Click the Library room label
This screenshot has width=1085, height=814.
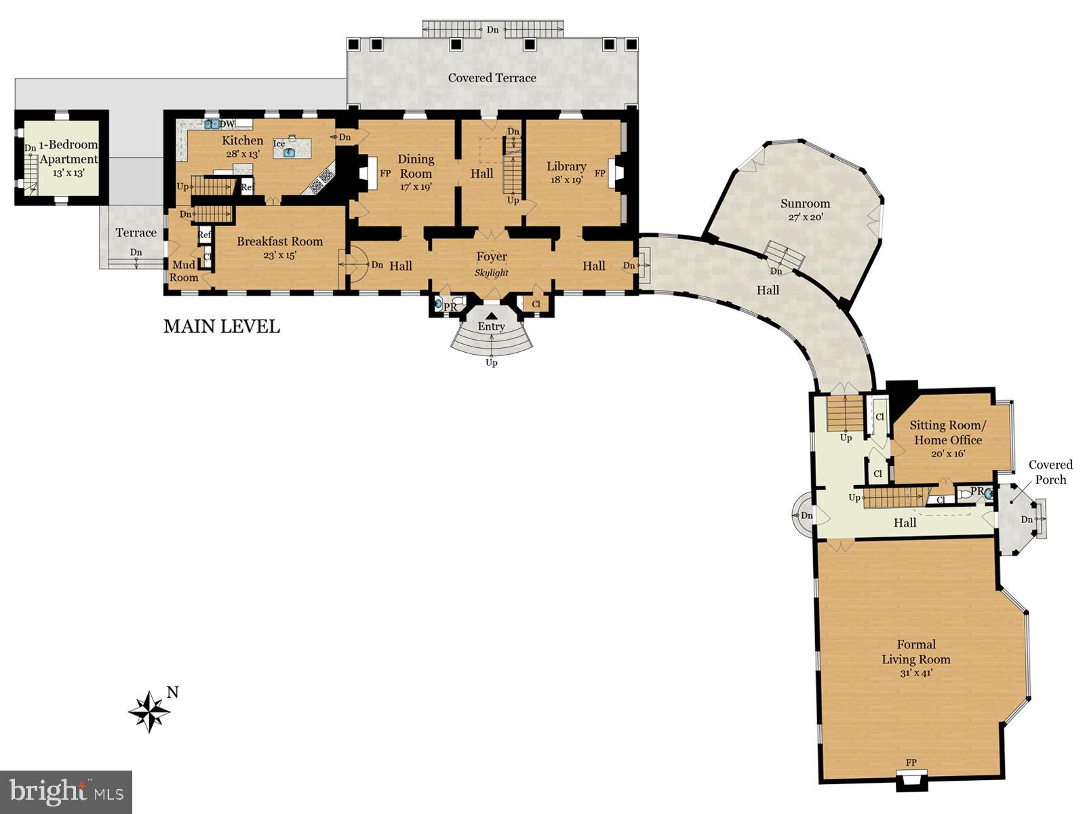[566, 172]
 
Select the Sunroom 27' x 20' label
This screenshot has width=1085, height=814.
[805, 210]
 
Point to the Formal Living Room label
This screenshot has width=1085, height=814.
[916, 658]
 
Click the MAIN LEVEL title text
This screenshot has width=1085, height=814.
[222, 326]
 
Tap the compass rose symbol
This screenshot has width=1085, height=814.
[149, 712]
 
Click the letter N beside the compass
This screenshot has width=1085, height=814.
[173, 693]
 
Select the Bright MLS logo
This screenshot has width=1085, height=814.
[66, 792]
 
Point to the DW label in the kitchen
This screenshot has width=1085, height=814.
[227, 124]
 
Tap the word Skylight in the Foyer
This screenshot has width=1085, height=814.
[491, 273]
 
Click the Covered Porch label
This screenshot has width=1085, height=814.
[1050, 472]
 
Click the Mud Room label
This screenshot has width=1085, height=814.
[184, 271]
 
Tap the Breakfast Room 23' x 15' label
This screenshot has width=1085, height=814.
[279, 247]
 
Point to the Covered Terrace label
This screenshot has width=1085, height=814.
[492, 78]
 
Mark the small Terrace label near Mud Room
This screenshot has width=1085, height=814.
[136, 233]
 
